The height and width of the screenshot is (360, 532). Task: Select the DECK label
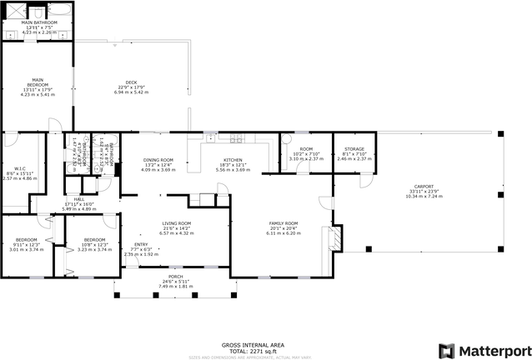tap(131, 82)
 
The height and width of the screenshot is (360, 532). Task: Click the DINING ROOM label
tap(158, 160)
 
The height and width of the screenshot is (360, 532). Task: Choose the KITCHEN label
tap(232, 160)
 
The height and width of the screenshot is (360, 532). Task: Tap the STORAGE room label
tap(354, 149)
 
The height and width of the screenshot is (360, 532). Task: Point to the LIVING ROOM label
tap(176, 223)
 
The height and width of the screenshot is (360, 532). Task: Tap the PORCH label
tap(175, 277)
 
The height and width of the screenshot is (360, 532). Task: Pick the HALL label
tap(78, 199)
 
